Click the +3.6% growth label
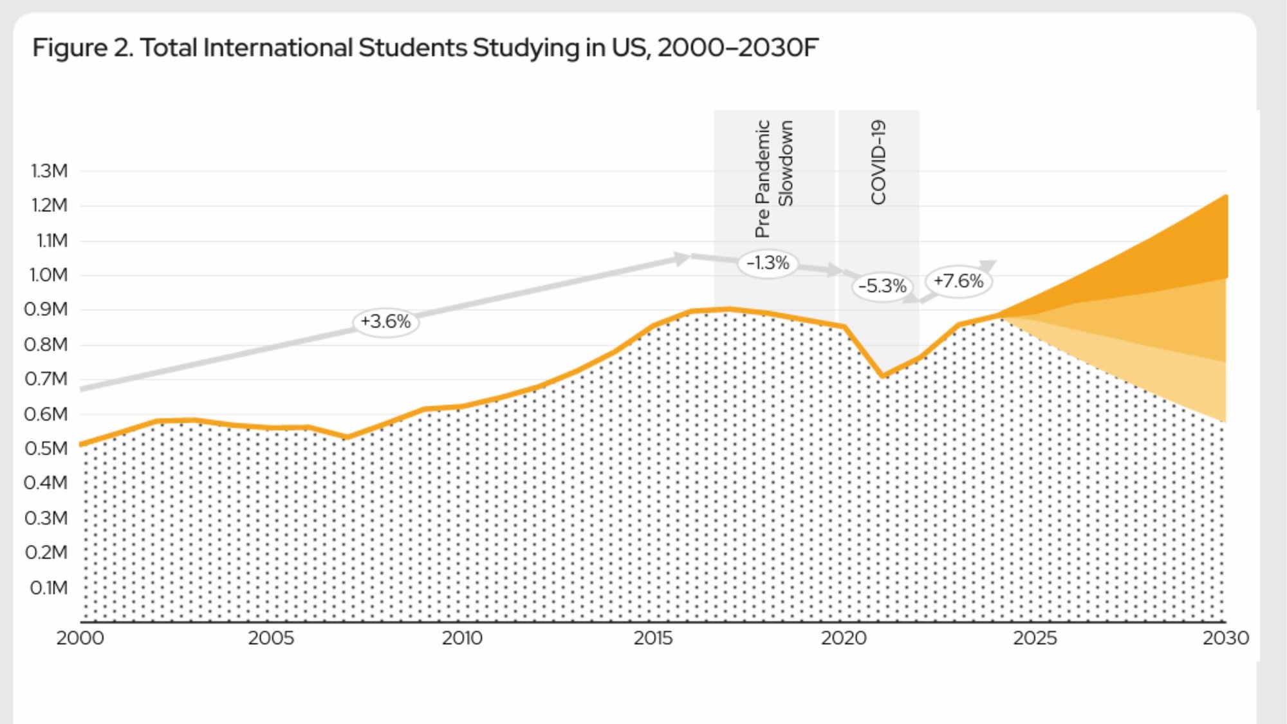point(385,320)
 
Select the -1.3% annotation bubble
point(768,263)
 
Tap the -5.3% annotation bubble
point(882,286)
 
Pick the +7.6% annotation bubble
point(958,281)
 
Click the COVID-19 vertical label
point(878,162)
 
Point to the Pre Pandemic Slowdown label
point(774,178)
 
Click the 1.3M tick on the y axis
point(49,171)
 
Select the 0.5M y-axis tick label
point(46,449)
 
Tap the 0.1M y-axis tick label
point(48,588)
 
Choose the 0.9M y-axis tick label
point(46,310)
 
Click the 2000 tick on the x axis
point(80,638)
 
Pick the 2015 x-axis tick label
point(653,638)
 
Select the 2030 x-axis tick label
point(1225,638)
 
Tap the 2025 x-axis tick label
point(1035,638)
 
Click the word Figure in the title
point(70,48)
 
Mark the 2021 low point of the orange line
point(883,375)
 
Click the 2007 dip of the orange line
point(347,437)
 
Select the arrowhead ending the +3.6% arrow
point(682,258)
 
